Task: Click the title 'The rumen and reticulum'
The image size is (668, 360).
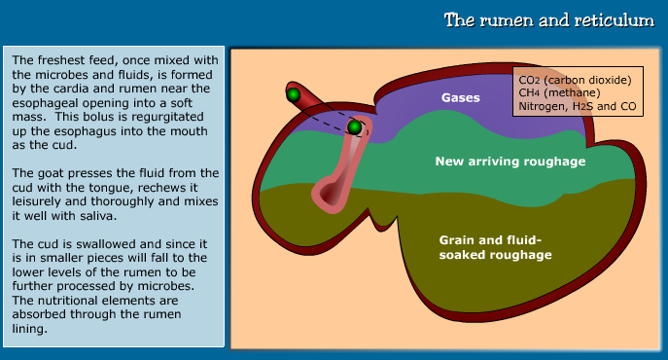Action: pyautogui.click(x=547, y=20)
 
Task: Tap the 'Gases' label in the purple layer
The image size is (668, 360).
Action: pyautogui.click(x=461, y=97)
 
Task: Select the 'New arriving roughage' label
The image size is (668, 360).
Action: pyautogui.click(x=497, y=161)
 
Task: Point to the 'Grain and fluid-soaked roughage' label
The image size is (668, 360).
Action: pyautogui.click(x=496, y=246)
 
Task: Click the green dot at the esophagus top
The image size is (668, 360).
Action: pyautogui.click(x=293, y=94)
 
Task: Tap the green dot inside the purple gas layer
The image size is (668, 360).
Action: pyautogui.click(x=355, y=126)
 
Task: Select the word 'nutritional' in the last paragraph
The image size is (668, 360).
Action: pyautogui.click(x=66, y=300)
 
